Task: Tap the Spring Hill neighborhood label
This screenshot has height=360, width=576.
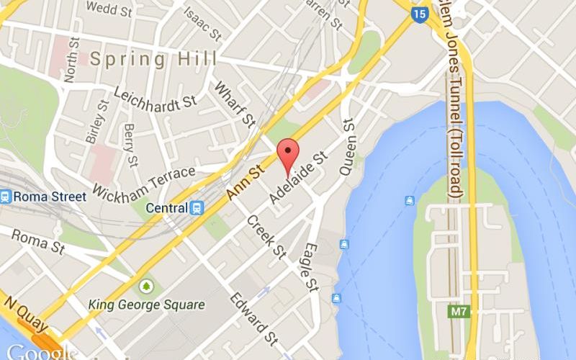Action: click(153, 58)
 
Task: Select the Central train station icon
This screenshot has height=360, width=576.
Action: click(196, 208)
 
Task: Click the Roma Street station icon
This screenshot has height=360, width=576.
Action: click(6, 196)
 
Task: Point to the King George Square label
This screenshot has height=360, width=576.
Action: click(146, 304)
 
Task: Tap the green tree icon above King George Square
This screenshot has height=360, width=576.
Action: click(147, 287)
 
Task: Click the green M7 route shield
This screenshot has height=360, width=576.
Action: click(459, 312)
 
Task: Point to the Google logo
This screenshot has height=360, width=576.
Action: click(40, 352)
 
